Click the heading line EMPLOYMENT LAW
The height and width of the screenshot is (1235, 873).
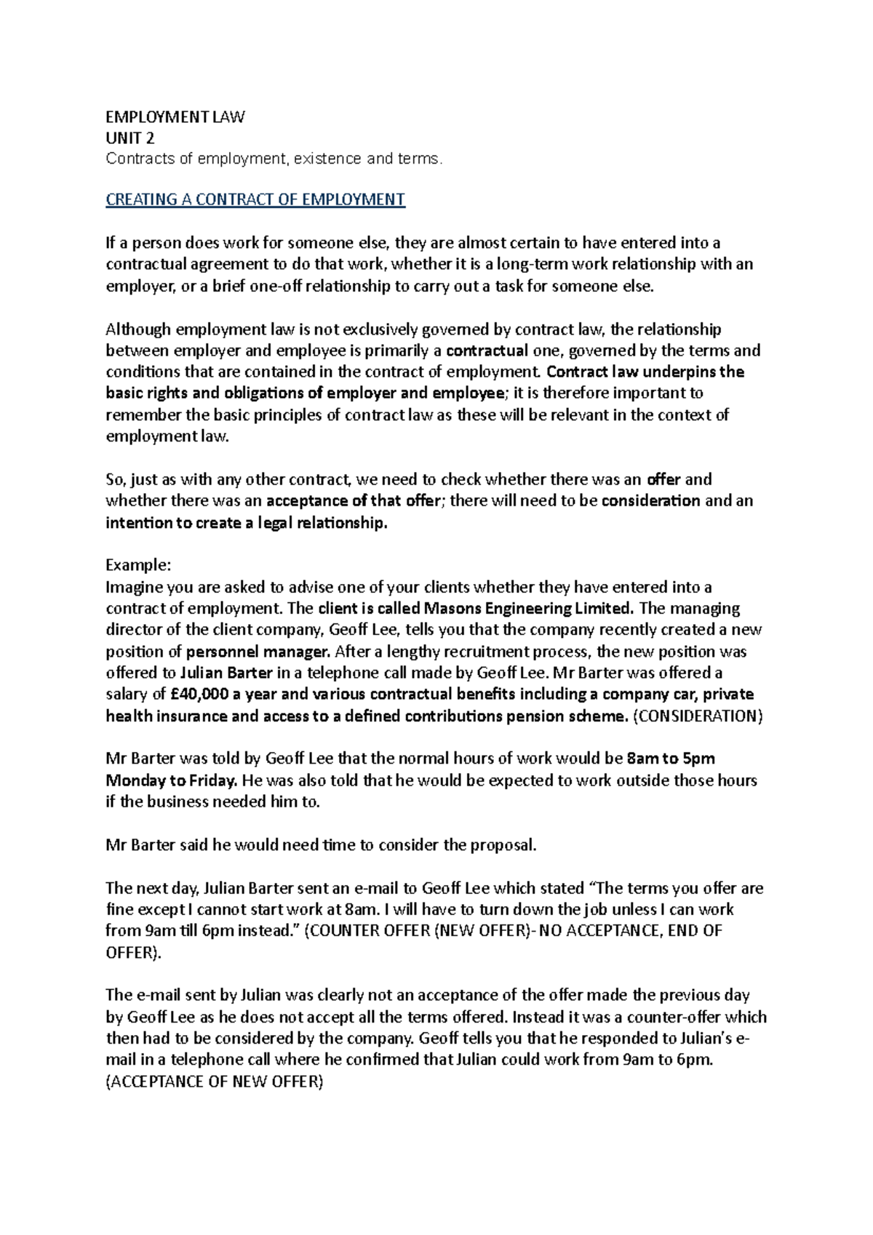coord(175,116)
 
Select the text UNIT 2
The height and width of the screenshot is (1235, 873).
coord(130,137)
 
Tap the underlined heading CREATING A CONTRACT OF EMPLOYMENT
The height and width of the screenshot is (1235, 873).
coord(255,199)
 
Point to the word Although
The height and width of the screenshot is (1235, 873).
coord(138,329)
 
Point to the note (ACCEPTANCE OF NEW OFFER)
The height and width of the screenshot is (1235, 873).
coord(214,1082)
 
